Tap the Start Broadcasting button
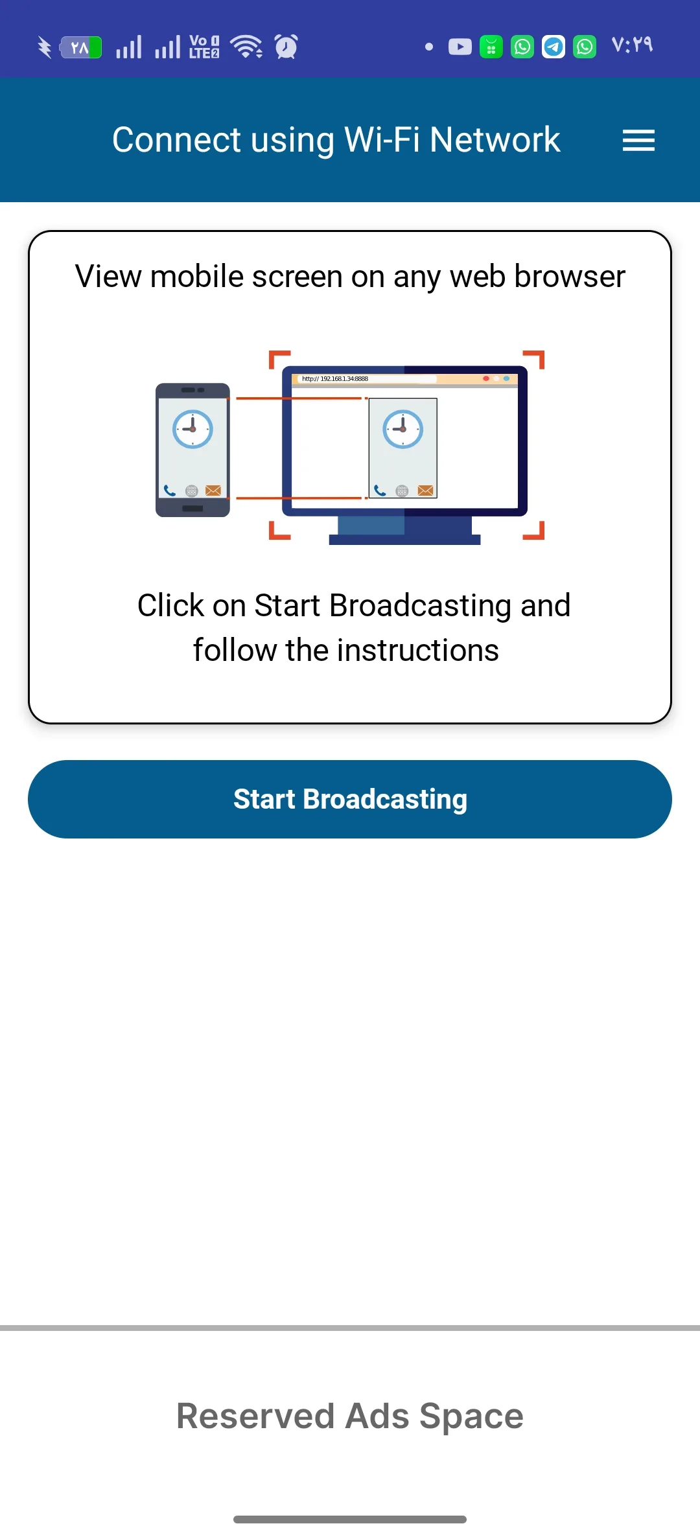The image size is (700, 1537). [350, 799]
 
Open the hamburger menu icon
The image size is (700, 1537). [638, 140]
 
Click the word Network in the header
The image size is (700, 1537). [495, 139]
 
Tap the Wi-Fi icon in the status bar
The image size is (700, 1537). [246, 47]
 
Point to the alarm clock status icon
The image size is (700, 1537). [286, 47]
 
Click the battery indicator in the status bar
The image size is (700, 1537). [80, 47]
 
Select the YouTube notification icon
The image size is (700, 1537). [460, 47]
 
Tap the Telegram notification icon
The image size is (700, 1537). [554, 47]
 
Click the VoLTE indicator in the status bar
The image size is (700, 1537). [204, 47]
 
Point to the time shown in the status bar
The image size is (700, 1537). [632, 45]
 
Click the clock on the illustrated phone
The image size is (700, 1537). [192, 429]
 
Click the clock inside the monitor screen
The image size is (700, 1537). [403, 429]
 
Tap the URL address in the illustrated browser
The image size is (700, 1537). [335, 378]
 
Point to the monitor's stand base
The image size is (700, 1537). [404, 540]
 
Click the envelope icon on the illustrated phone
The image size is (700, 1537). [213, 491]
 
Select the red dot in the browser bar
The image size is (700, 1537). [486, 378]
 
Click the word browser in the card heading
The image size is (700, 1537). [570, 277]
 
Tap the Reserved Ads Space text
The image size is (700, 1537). [350, 1416]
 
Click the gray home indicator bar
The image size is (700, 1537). [350, 1520]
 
